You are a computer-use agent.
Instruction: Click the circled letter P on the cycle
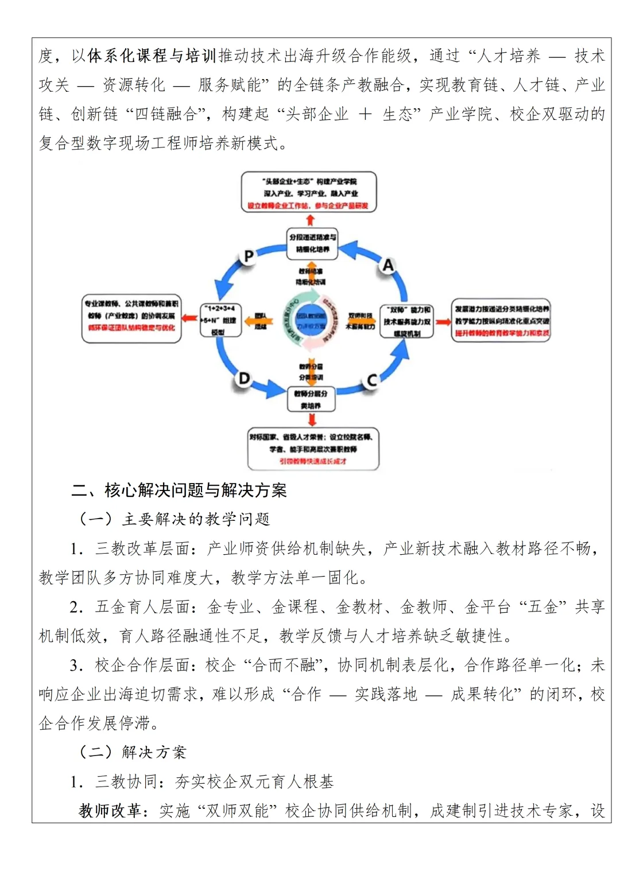(249, 256)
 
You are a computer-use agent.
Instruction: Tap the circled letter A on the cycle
(389, 265)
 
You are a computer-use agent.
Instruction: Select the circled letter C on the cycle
(372, 380)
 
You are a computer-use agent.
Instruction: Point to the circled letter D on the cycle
(244, 379)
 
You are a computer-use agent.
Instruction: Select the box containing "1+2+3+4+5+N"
(220, 320)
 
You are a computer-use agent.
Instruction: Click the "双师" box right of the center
(406, 321)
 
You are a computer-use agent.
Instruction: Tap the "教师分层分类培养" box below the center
(311, 399)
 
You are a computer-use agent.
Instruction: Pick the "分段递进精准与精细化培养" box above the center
(312, 243)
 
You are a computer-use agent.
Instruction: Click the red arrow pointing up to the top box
(310, 220)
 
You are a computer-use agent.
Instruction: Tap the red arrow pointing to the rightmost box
(443, 321)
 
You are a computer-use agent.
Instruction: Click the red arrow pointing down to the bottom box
(312, 419)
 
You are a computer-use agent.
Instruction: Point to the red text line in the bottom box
(313, 461)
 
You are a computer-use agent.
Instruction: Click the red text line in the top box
(308, 205)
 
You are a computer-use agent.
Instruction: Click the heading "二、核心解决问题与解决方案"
(179, 490)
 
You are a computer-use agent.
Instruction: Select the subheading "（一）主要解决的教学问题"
(174, 519)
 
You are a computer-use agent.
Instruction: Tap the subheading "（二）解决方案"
(133, 752)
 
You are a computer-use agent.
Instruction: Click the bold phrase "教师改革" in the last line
(110, 811)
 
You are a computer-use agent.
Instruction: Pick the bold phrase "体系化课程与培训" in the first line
(152, 56)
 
